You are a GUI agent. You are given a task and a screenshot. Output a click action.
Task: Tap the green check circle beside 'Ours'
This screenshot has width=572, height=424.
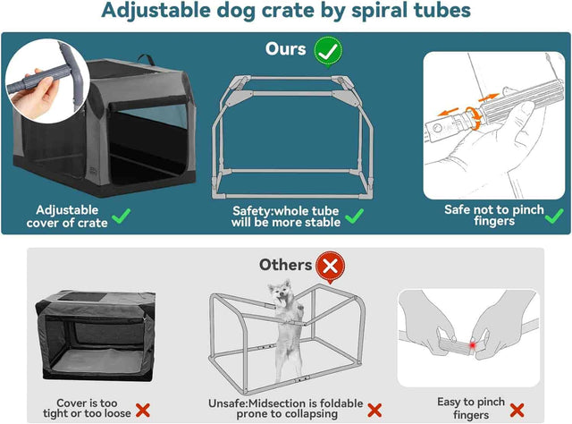click(328, 50)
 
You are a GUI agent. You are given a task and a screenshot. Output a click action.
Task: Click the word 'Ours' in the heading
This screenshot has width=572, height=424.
click(286, 49)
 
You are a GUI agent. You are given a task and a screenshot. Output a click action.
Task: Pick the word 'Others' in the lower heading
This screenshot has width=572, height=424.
click(285, 265)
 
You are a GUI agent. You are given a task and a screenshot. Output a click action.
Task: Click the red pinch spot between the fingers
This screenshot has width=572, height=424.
click(472, 344)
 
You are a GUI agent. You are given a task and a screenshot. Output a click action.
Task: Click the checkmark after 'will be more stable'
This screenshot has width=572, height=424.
click(355, 216)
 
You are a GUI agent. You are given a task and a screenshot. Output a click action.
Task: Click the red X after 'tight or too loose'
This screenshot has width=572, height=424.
click(143, 411)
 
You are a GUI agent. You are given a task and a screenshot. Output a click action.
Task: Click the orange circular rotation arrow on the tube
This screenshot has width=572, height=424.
click(475, 126)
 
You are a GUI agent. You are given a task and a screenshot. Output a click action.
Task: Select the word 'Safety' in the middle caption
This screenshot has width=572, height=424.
click(253, 209)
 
